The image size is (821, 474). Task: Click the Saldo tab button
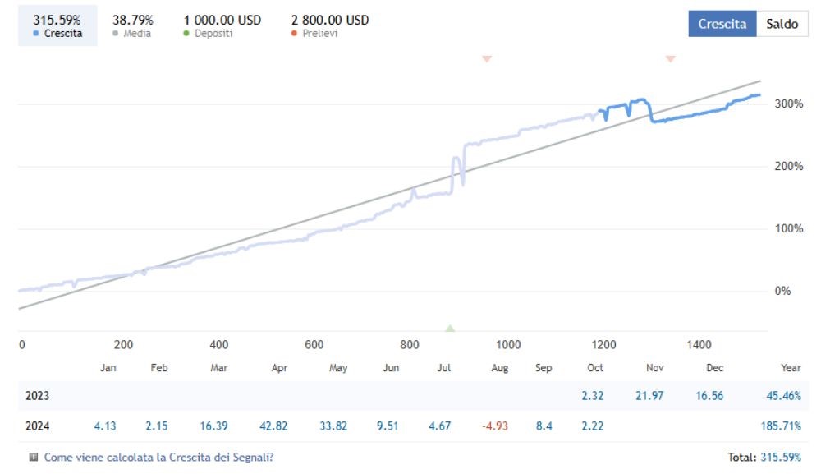click(x=782, y=24)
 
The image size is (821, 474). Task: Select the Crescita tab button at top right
click(x=722, y=24)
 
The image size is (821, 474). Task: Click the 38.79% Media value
click(x=132, y=20)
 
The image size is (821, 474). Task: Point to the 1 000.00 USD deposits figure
click(x=222, y=20)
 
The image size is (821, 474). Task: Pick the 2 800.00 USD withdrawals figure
click(x=330, y=20)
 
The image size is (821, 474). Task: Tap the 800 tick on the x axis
click(x=410, y=345)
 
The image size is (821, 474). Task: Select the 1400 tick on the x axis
click(x=699, y=345)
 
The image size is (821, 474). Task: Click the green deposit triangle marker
click(x=450, y=328)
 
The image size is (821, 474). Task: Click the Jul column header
click(x=444, y=368)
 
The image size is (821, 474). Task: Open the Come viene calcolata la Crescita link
click(x=158, y=457)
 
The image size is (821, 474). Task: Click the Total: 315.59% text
click(x=764, y=457)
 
